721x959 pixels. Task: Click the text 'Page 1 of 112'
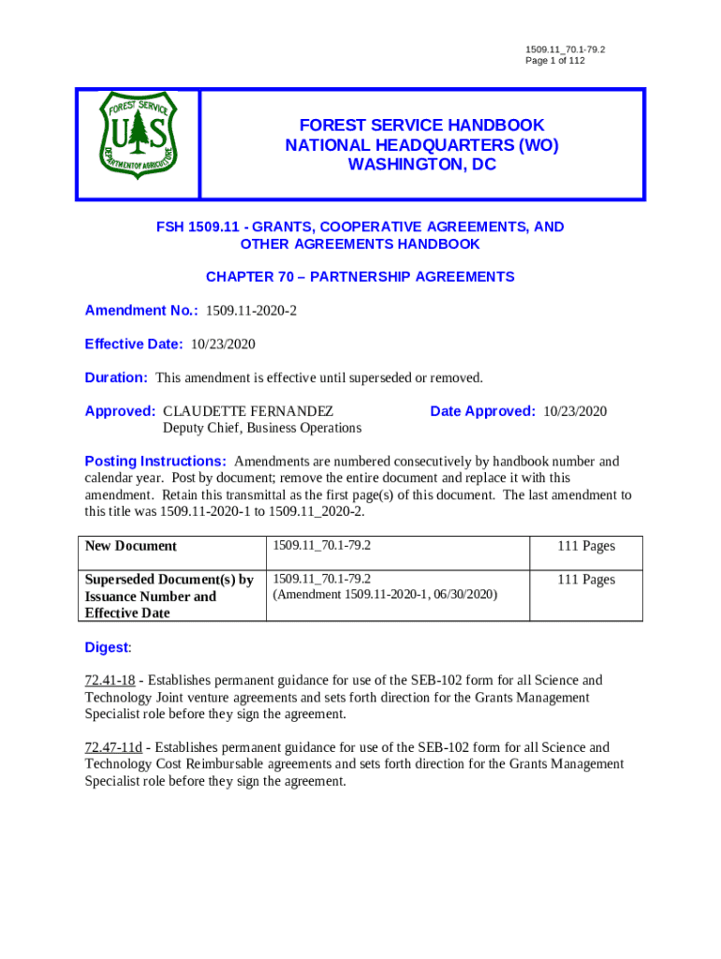[x=555, y=61]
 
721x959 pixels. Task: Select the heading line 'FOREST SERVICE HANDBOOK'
[x=421, y=125]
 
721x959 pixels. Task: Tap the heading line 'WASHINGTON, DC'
[x=421, y=165]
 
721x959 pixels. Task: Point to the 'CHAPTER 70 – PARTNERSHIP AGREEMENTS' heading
[x=360, y=277]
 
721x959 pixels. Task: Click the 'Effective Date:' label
[x=134, y=345]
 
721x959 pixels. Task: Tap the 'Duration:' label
[x=116, y=378]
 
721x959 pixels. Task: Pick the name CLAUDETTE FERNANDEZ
[x=248, y=411]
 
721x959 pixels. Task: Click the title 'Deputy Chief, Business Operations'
[x=262, y=428]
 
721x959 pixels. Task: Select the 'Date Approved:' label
[x=482, y=411]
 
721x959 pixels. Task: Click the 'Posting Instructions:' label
[x=155, y=462]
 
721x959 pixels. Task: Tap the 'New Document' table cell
[x=131, y=546]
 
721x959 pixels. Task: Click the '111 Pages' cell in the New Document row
[x=586, y=546]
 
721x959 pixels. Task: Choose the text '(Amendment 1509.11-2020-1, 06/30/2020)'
[x=385, y=595]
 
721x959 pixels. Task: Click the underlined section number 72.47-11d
[x=113, y=748]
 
